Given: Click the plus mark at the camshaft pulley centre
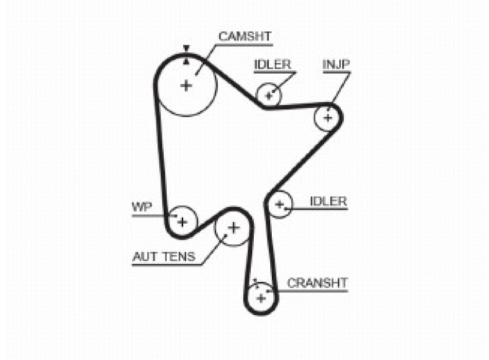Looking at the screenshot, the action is pos(186,85).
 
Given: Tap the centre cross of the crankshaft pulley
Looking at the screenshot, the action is pos(261,298).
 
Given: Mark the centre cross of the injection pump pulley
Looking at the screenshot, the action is pos(328,118).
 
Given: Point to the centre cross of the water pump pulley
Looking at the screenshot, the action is pos(182,222).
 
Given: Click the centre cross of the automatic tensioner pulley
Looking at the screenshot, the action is pos(233,228).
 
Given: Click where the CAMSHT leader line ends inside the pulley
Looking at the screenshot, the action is pos(196,74).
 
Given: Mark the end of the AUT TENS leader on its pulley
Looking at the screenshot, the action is pos(226,236).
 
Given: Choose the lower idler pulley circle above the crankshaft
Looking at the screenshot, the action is pos(280,205).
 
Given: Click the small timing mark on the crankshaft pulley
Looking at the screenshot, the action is pos(256,283).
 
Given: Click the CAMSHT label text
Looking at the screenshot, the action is pos(245,37).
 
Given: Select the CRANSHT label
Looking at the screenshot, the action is pos(317,283).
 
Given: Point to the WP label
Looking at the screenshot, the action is pos(142,207).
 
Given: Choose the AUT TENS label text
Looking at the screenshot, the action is pos(164,257).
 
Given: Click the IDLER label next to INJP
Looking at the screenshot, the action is pos(273,64).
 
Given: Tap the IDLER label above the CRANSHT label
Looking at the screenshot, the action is pos(328,201).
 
